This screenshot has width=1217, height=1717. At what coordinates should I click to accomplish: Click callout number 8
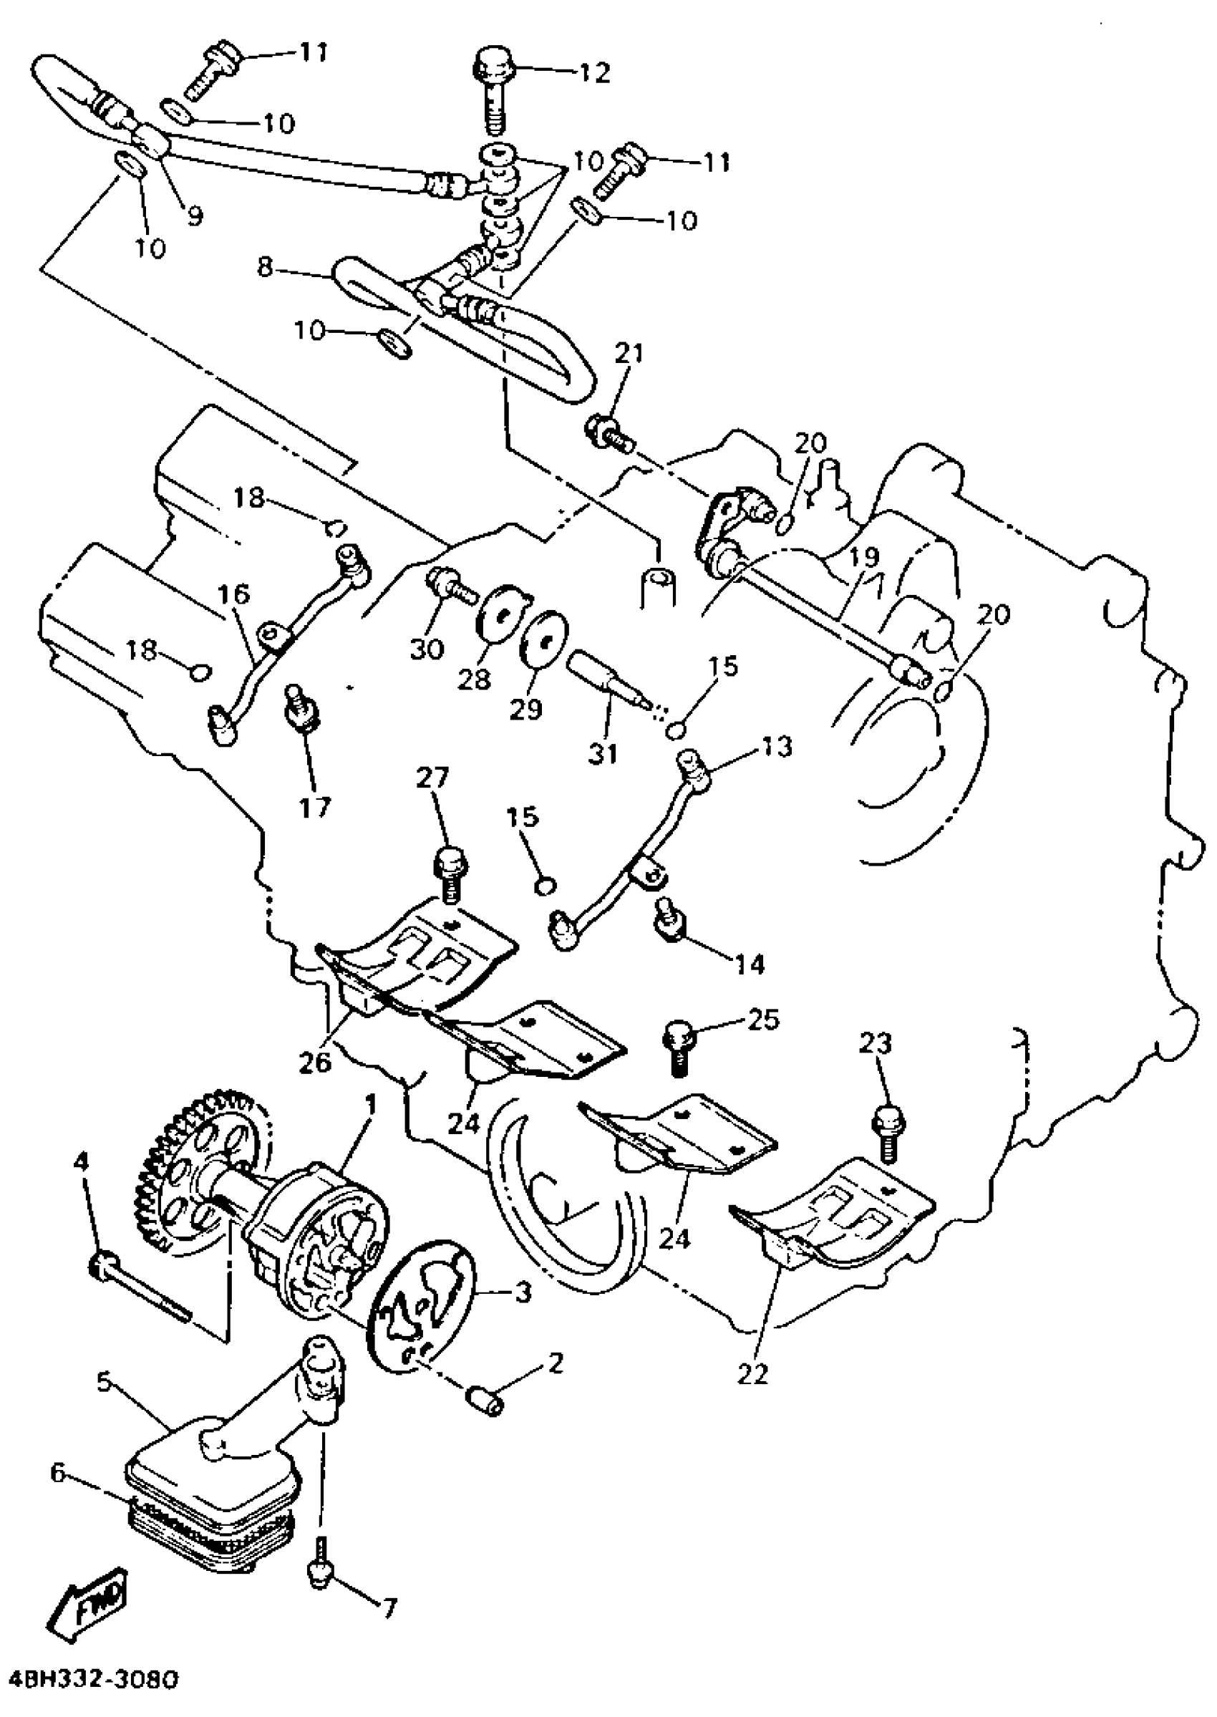(x=265, y=267)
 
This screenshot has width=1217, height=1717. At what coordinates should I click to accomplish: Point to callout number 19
(x=864, y=558)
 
